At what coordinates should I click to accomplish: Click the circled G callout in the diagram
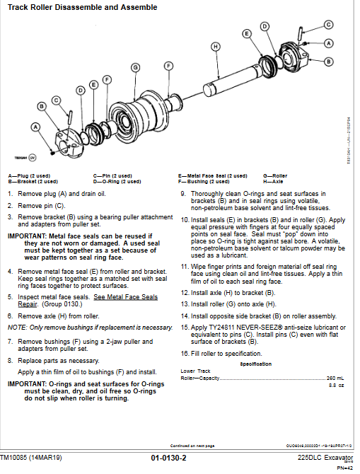point(134,67)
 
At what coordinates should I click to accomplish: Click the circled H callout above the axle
point(215,46)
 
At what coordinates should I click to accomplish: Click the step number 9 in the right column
point(183,194)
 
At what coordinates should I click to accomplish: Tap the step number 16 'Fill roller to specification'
point(184,353)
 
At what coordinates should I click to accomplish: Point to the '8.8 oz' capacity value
point(337,385)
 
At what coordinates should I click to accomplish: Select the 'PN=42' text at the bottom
point(344,468)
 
